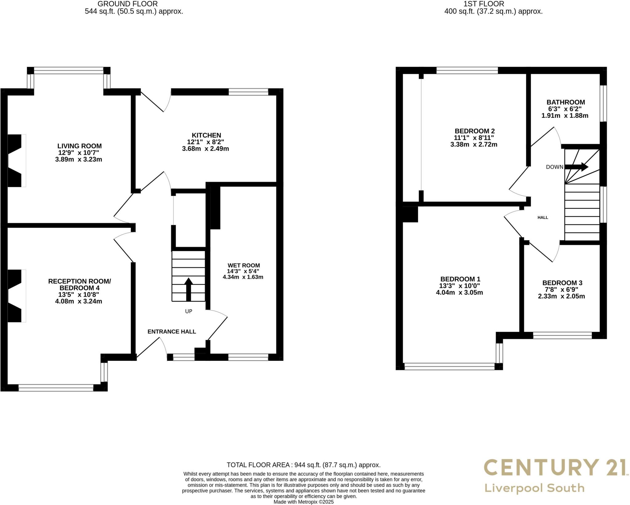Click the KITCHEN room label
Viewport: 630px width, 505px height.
(x=206, y=135)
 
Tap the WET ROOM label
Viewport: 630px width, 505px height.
(x=244, y=265)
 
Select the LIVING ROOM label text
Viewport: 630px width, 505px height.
(x=79, y=146)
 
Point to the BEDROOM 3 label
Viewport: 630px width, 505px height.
(x=562, y=283)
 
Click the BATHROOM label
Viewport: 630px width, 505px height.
(x=565, y=102)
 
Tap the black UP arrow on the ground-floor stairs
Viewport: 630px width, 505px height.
(x=188, y=289)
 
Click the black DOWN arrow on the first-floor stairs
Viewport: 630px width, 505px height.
(x=576, y=167)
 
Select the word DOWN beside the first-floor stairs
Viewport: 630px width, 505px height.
(x=554, y=167)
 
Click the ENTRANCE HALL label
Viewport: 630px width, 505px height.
(x=172, y=331)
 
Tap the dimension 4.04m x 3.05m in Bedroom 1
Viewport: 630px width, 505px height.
(x=459, y=292)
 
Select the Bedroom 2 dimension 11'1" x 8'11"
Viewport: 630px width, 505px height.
(x=474, y=138)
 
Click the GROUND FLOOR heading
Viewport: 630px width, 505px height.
(x=127, y=4)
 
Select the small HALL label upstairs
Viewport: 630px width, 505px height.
(x=543, y=217)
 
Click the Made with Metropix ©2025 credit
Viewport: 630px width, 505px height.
(x=303, y=502)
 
